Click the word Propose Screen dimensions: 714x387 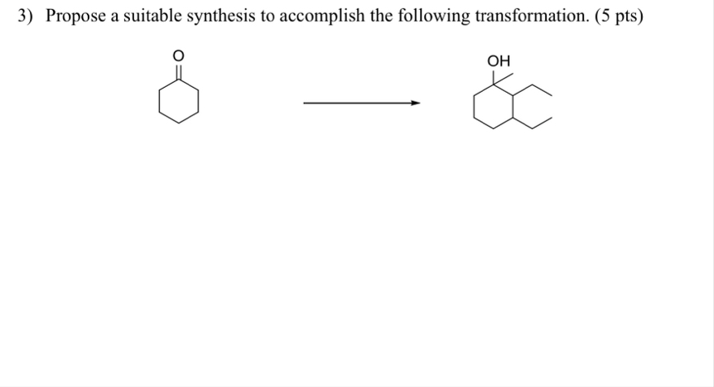click(x=77, y=17)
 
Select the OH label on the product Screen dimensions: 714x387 click(x=499, y=60)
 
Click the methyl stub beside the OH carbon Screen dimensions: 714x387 click(x=507, y=78)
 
